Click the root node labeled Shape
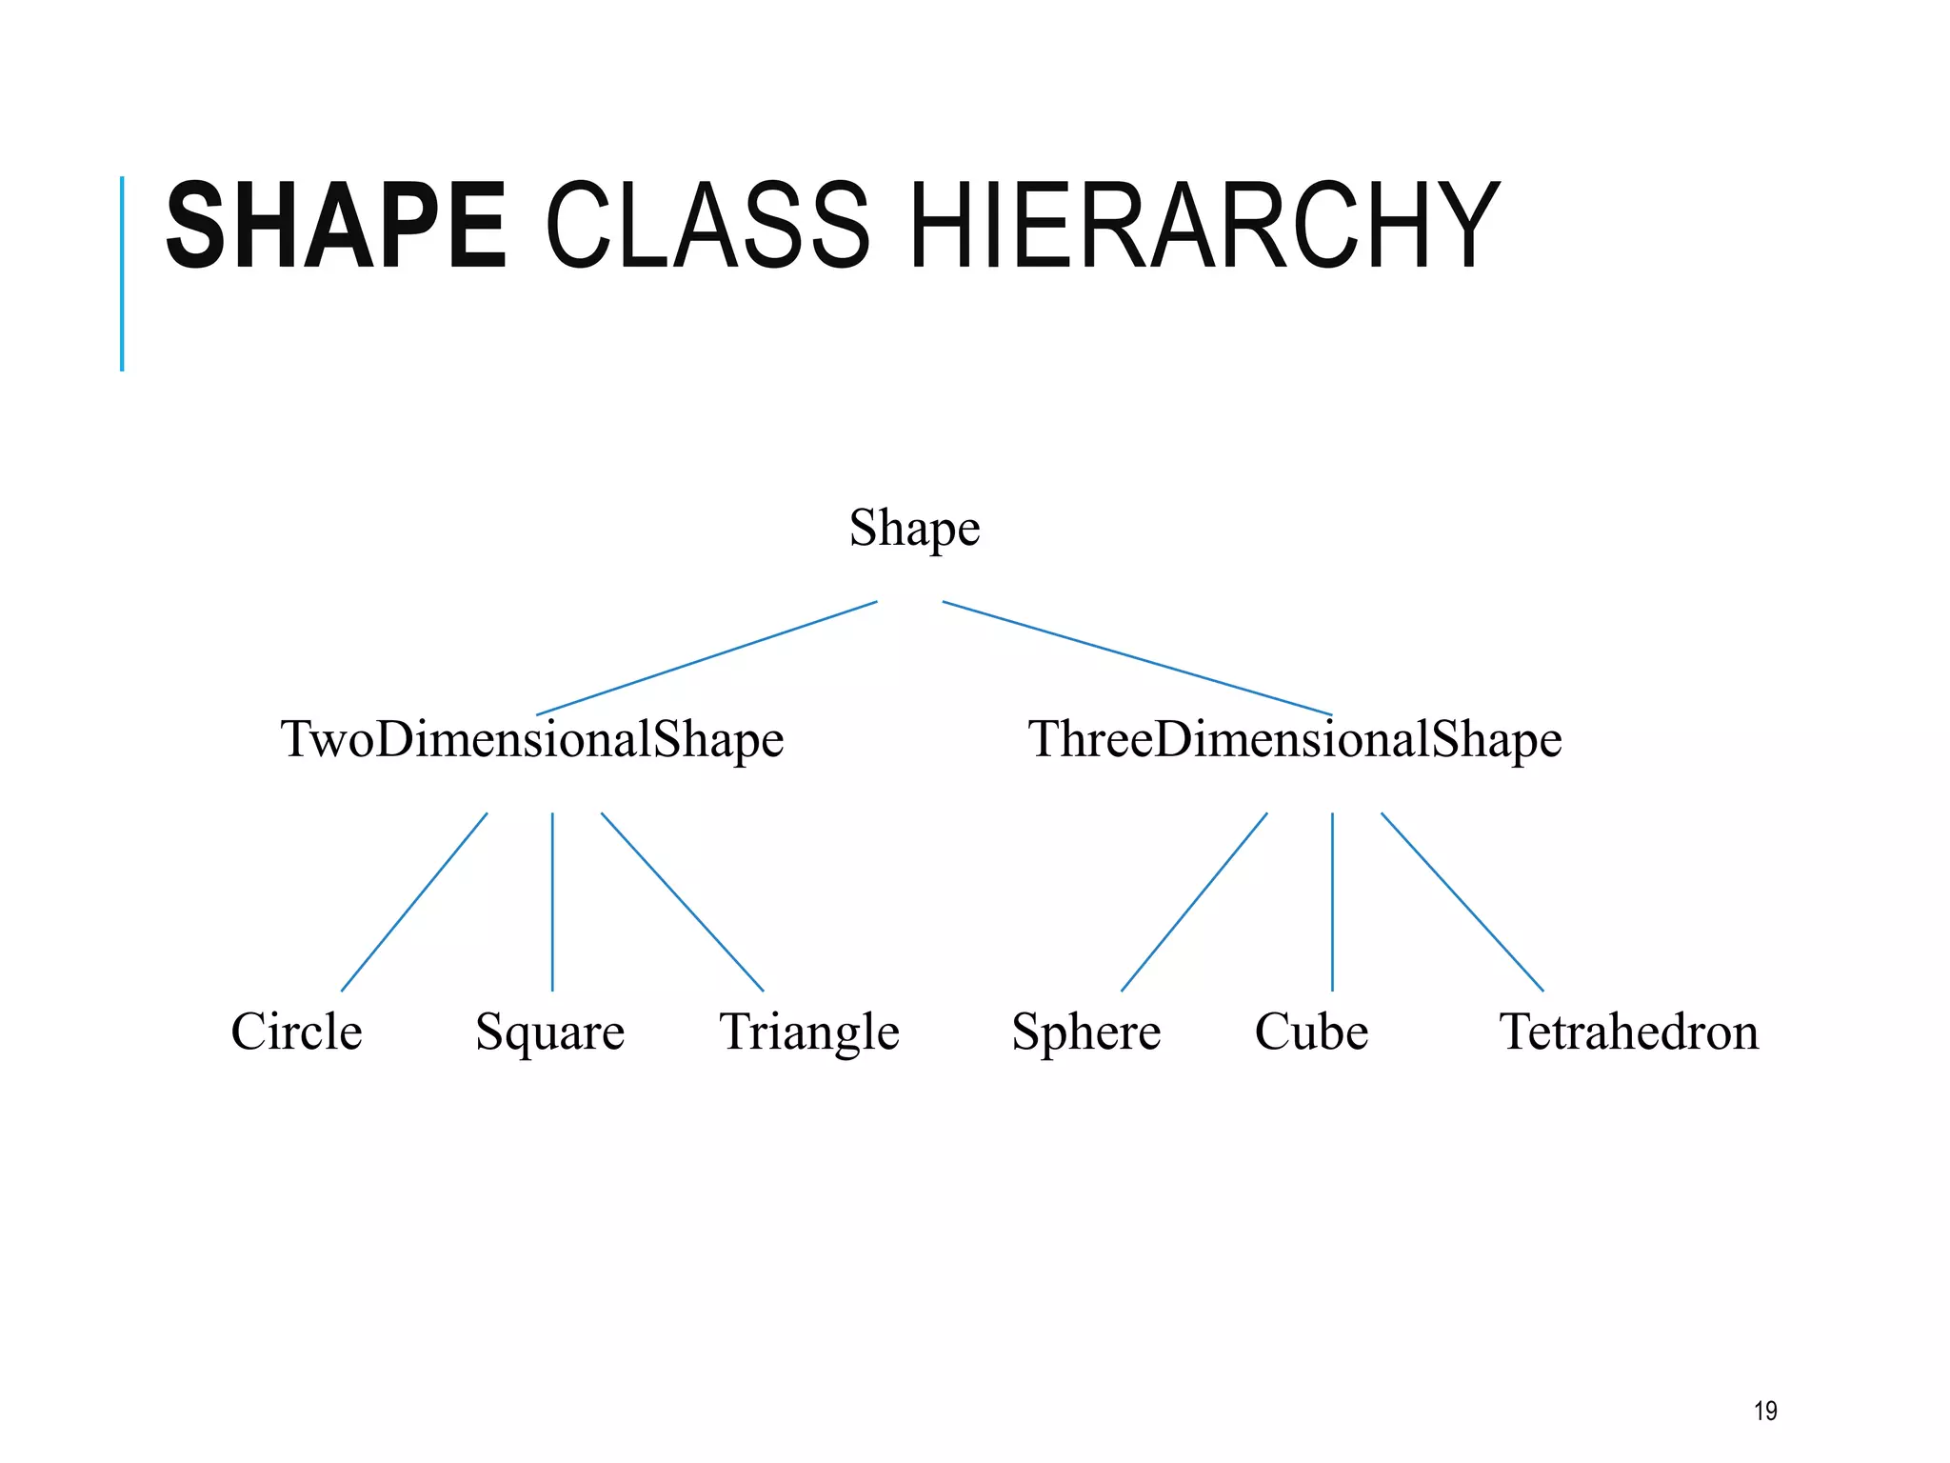coord(914,529)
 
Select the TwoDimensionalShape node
coord(531,740)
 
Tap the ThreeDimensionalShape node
coord(1295,740)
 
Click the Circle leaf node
coord(296,1032)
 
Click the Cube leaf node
coord(1311,1032)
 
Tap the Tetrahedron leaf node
coord(1629,1032)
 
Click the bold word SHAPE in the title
coord(335,226)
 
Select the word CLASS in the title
coord(706,226)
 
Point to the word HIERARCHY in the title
coord(1204,226)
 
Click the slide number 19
coord(1765,1411)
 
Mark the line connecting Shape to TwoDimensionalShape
coord(706,658)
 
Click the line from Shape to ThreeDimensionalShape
coord(1137,658)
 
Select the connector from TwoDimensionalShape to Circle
coord(414,902)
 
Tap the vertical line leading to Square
coord(552,902)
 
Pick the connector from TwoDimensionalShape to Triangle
coord(682,902)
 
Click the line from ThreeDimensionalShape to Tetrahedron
coord(1462,902)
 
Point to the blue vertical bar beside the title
coord(122,273)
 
